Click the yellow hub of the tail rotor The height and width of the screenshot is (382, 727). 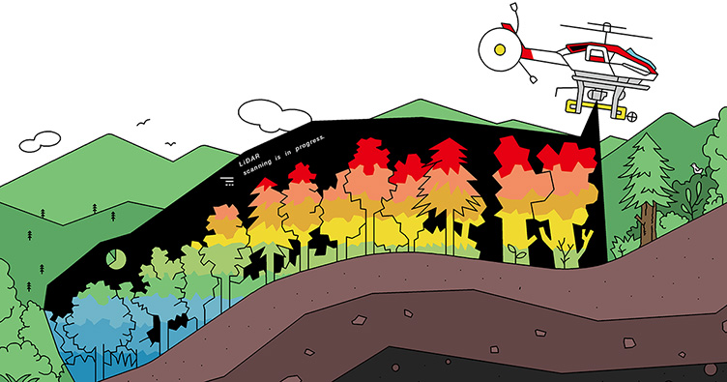click(500, 49)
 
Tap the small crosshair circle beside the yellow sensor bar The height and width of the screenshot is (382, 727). click(630, 116)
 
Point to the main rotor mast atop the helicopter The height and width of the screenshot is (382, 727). click(606, 34)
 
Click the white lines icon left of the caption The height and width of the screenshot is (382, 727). click(227, 181)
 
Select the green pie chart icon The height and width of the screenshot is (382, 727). click(114, 258)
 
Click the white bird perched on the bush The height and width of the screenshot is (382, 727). click(696, 168)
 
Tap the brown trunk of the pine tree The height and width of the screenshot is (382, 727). click(648, 224)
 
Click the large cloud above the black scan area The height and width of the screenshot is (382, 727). click(274, 115)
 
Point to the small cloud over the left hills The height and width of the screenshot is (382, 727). click(40, 141)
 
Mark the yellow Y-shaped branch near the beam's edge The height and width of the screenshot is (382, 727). click(586, 237)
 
